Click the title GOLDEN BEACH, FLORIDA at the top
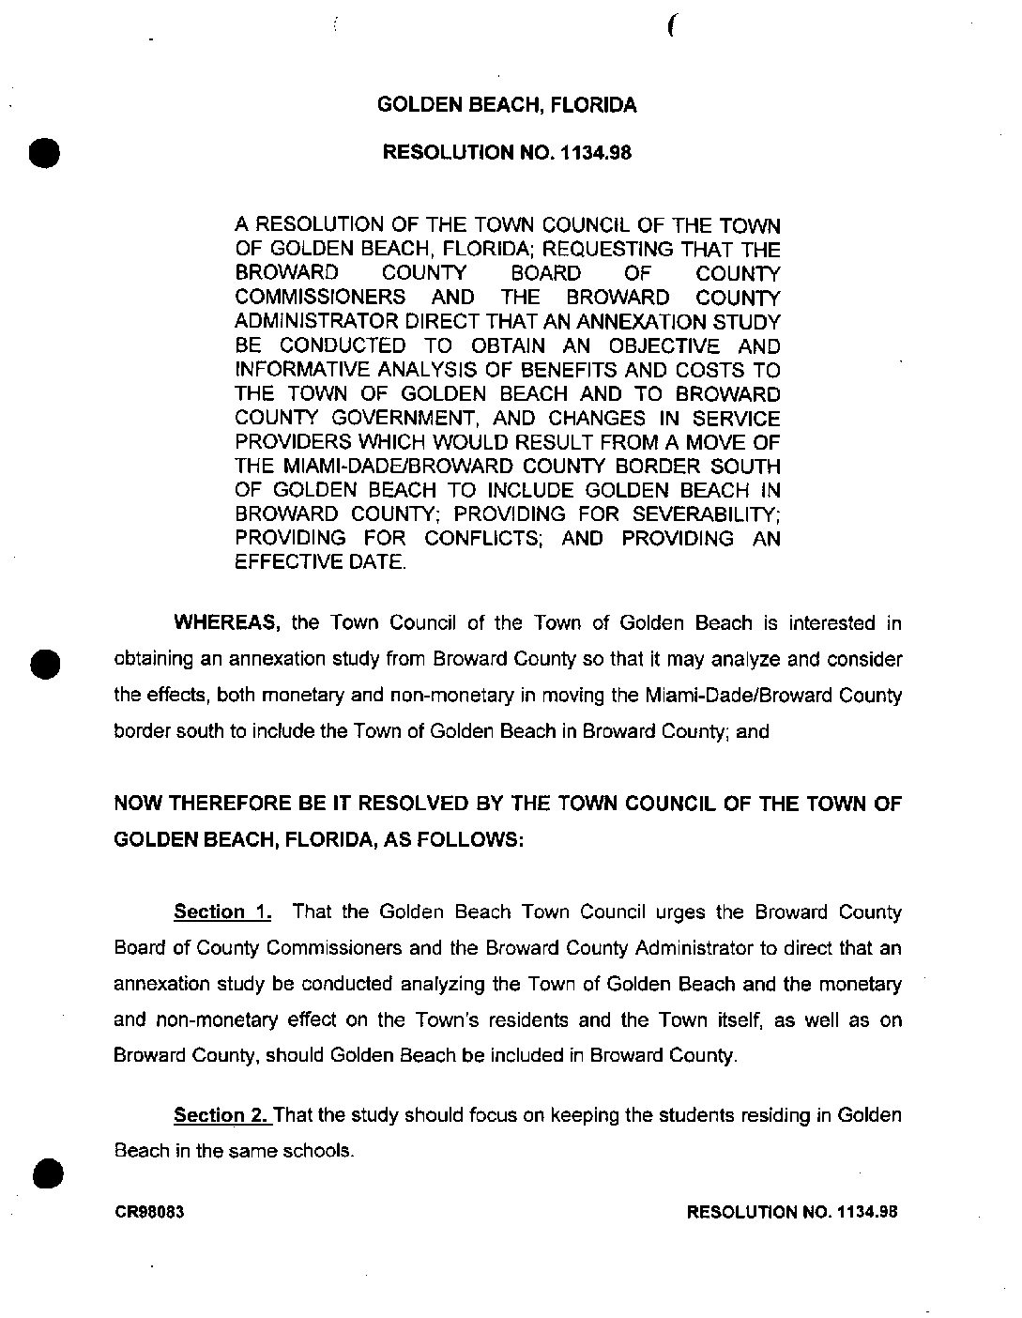point(507,105)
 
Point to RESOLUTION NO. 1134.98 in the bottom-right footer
point(793,1212)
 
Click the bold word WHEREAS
point(228,623)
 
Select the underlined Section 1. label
point(222,912)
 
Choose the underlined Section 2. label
point(222,1115)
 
